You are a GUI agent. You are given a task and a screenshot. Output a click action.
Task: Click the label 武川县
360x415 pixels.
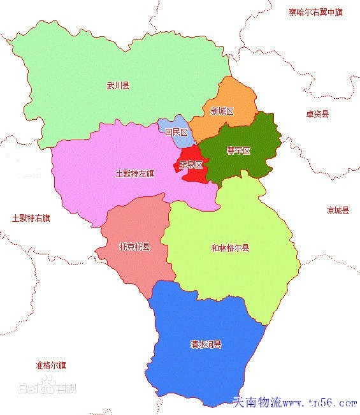click(118, 85)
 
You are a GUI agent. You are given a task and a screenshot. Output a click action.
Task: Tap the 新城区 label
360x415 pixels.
click(222, 111)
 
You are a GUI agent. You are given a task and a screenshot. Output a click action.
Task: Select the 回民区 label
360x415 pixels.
click(176, 133)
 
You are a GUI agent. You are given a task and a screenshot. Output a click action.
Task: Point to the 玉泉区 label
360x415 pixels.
click(191, 164)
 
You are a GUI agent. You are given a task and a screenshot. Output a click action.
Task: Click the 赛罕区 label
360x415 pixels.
click(239, 151)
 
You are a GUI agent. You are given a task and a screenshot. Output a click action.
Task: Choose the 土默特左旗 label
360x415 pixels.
click(135, 173)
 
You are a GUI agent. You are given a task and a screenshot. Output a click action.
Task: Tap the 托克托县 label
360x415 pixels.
click(134, 247)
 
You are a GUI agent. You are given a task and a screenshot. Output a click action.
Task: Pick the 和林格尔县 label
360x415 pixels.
click(230, 248)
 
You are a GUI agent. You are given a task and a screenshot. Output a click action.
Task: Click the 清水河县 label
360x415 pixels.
click(206, 344)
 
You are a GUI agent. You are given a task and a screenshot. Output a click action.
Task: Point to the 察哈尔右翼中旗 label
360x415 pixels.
click(315, 11)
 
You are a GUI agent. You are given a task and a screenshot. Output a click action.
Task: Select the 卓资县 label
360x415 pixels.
click(317, 114)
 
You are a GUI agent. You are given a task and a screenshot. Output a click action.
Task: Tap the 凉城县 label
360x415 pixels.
click(338, 210)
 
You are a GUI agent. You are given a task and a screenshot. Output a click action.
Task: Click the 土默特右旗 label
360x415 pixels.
click(31, 217)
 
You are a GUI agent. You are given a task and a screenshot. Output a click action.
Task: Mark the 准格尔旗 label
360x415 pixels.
click(51, 365)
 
